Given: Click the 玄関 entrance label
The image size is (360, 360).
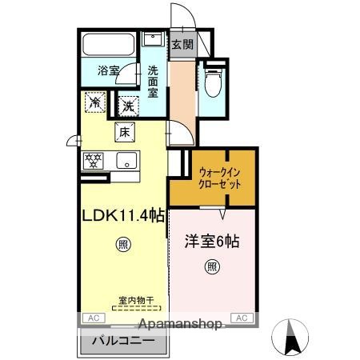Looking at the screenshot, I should [x=180, y=44].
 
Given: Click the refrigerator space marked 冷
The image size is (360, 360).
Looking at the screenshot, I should [x=95, y=102].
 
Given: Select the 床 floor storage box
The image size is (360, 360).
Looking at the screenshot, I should [x=124, y=133].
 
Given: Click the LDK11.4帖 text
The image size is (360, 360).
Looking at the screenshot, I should [x=124, y=214].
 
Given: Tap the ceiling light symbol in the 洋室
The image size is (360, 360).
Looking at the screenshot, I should [x=211, y=266].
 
